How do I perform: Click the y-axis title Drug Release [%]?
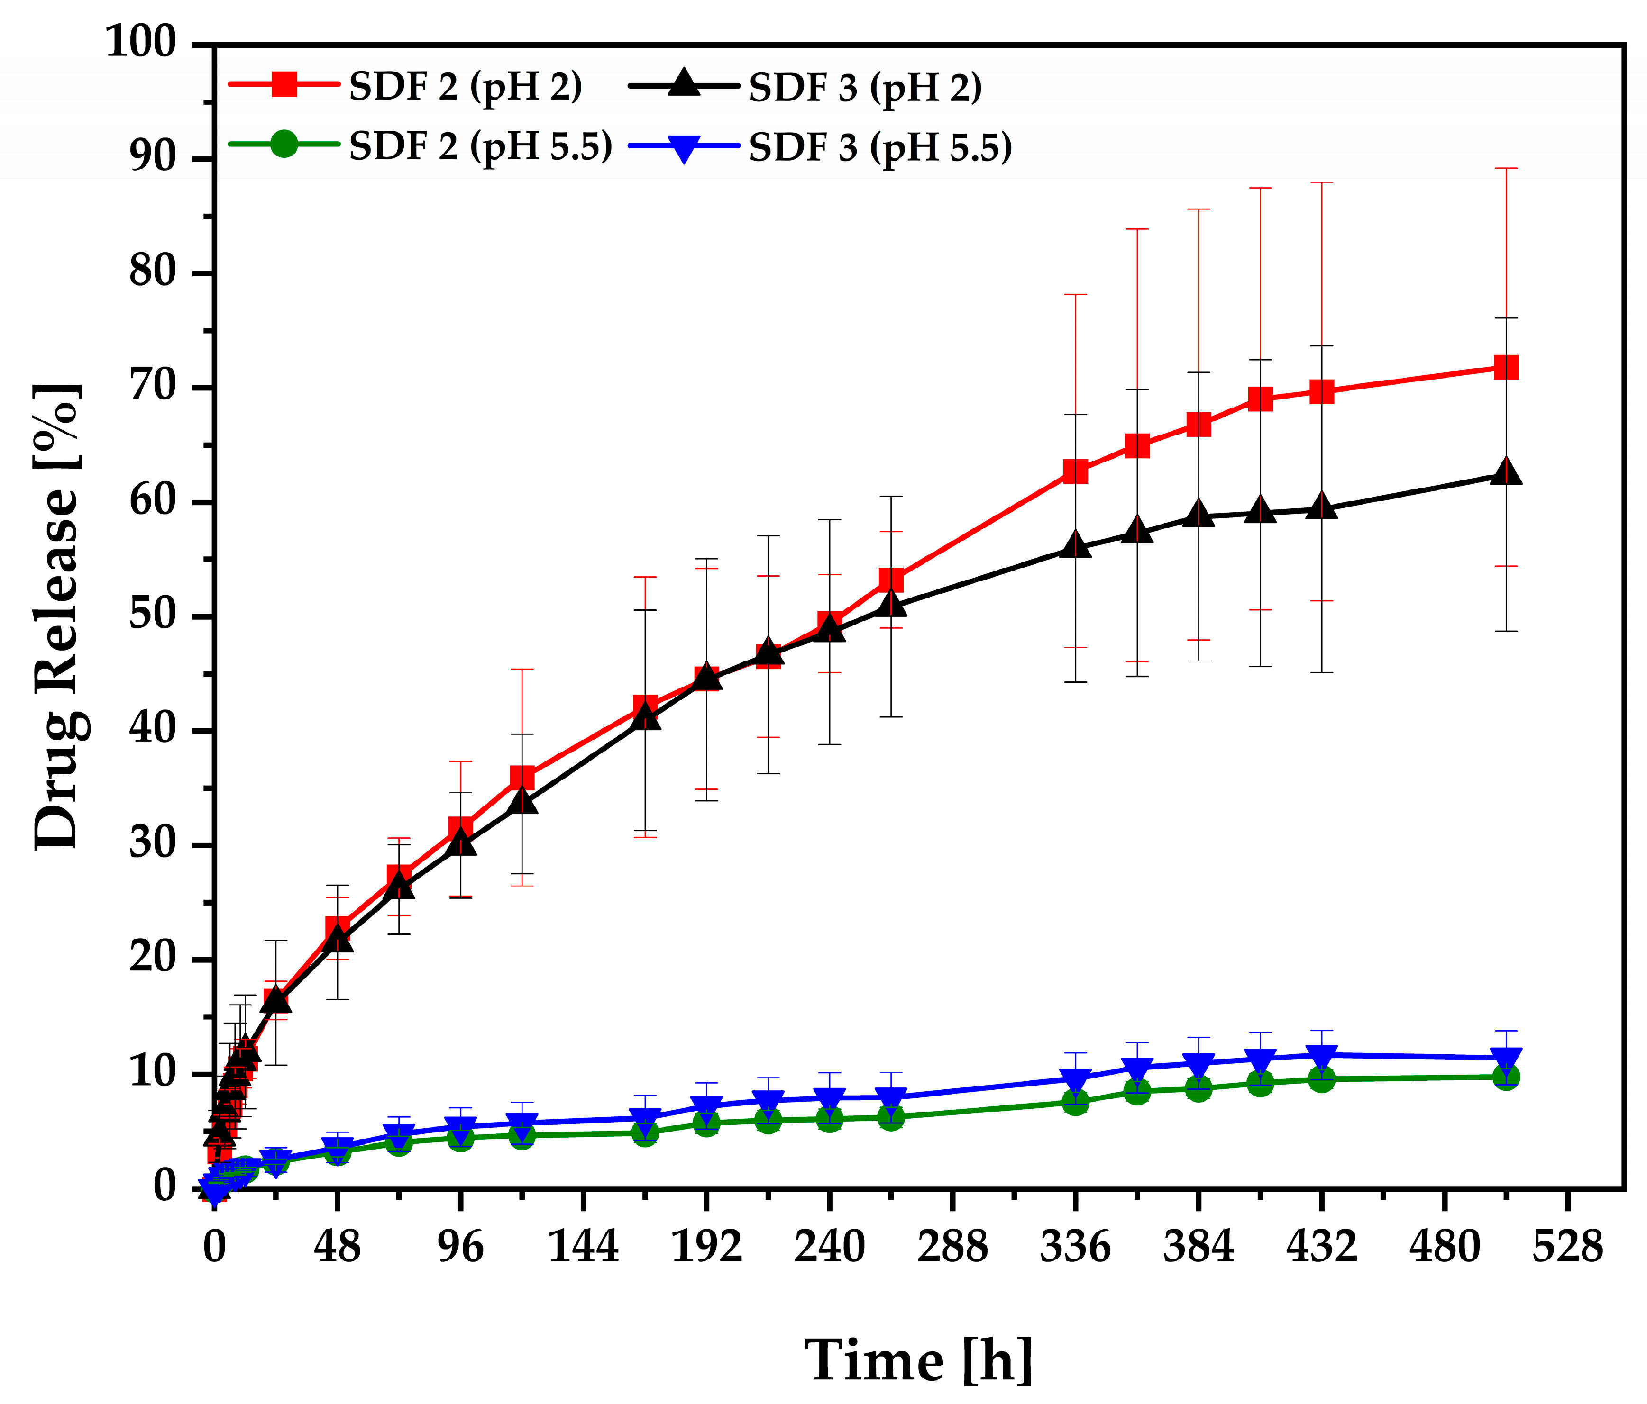pos(57,616)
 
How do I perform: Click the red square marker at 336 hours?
pos(1075,471)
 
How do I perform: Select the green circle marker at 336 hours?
pos(1075,1102)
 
